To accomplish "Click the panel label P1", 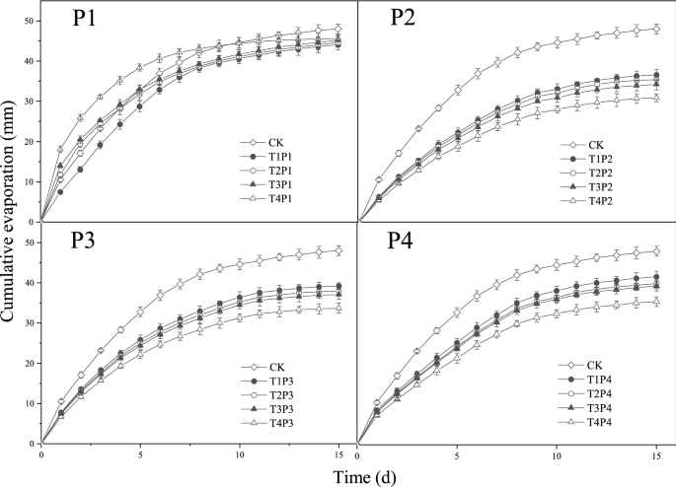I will coord(90,22).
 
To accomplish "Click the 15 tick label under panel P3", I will coord(338,456).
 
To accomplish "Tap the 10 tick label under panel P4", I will coord(556,456).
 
